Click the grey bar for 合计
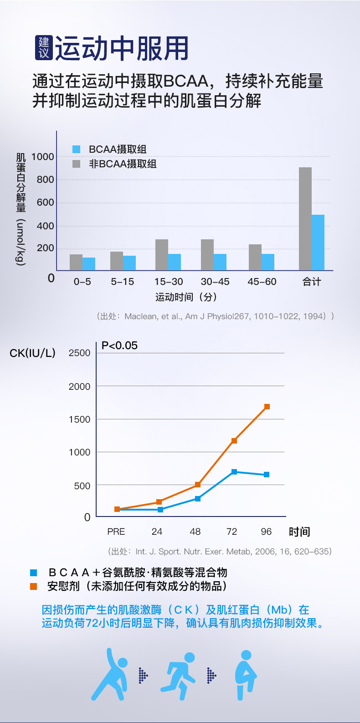[305, 218]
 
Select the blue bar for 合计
[318, 243]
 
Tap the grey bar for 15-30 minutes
[162, 255]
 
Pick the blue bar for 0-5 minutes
[89, 263]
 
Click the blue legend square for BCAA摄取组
[76, 149]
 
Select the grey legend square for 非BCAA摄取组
[76, 164]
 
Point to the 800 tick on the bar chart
[45, 180]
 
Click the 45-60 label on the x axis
[262, 282]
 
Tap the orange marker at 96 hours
[267, 407]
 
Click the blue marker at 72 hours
[234, 472]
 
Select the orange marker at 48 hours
[198, 485]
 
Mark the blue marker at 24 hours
[160, 510]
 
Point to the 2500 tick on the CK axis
[79, 353]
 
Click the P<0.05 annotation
[119, 346]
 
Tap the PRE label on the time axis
[116, 532]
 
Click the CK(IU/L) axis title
[32, 353]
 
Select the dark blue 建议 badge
[44, 48]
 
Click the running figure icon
[178, 676]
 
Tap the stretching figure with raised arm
[110, 675]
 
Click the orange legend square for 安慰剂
[34, 586]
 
